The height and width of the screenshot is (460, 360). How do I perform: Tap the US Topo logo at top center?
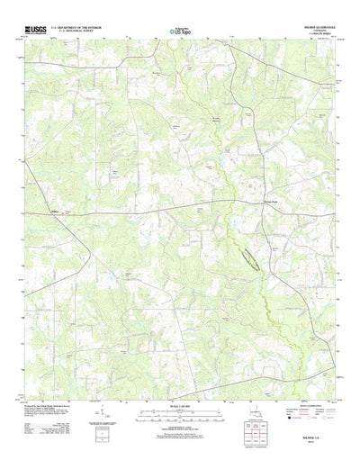(x=179, y=32)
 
